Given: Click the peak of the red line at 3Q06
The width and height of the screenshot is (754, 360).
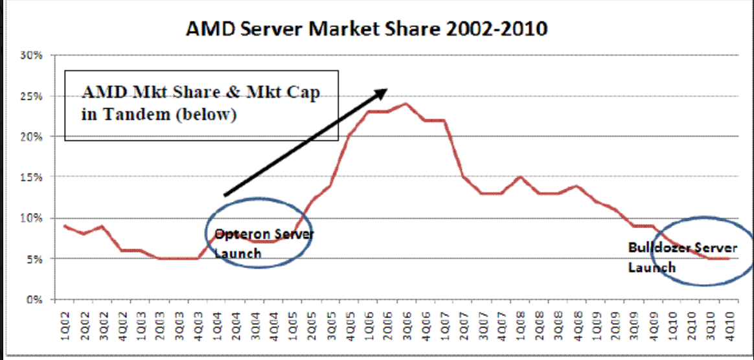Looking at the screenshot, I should [x=406, y=104].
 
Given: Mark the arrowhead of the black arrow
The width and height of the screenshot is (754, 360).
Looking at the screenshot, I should [x=382, y=92].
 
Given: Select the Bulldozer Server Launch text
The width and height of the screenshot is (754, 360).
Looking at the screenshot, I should [x=681, y=256].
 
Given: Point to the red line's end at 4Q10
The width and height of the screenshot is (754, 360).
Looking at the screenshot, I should [x=730, y=258].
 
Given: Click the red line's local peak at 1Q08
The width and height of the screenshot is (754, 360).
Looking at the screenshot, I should [x=520, y=177].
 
